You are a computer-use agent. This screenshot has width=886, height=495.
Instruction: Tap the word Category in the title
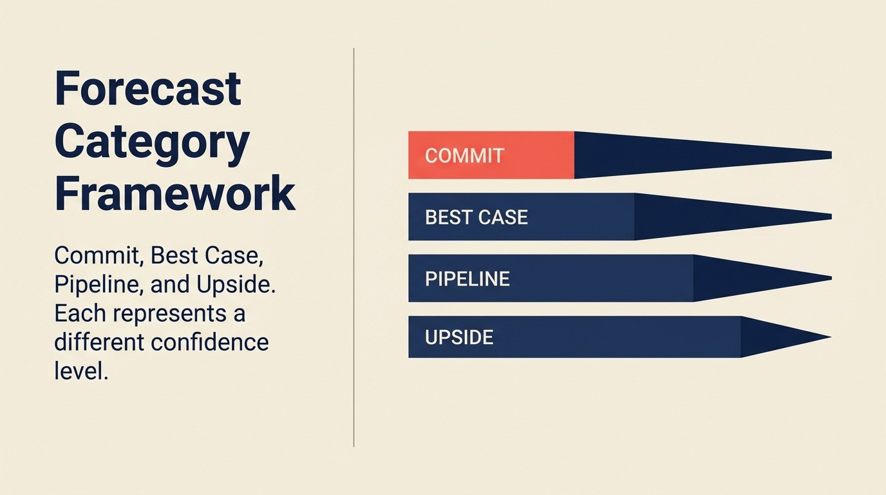coord(152,143)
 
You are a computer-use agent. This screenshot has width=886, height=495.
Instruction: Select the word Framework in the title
coord(174,193)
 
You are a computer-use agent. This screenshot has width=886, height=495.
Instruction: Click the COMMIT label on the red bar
coord(464,155)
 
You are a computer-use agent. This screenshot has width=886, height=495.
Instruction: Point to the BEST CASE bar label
coord(476,217)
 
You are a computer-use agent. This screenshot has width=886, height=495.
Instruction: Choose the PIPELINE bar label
coord(467,278)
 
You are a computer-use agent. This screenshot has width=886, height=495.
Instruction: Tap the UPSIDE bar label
coord(459,337)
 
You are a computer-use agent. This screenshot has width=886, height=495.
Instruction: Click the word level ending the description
coord(80,371)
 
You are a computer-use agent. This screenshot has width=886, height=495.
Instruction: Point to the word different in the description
coord(99,342)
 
